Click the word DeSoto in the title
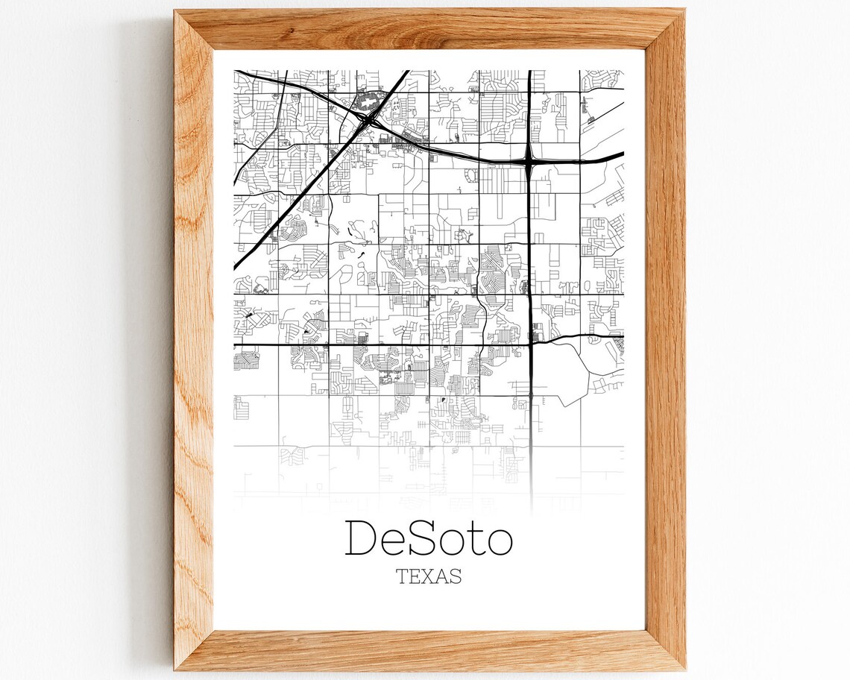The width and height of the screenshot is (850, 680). point(429,538)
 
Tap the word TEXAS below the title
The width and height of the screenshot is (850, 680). point(429,576)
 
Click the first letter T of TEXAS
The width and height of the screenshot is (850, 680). point(403,576)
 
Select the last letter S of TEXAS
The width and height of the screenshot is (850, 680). point(455,576)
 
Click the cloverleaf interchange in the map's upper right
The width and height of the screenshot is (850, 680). point(529,159)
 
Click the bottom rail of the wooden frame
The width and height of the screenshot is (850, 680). point(429,649)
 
